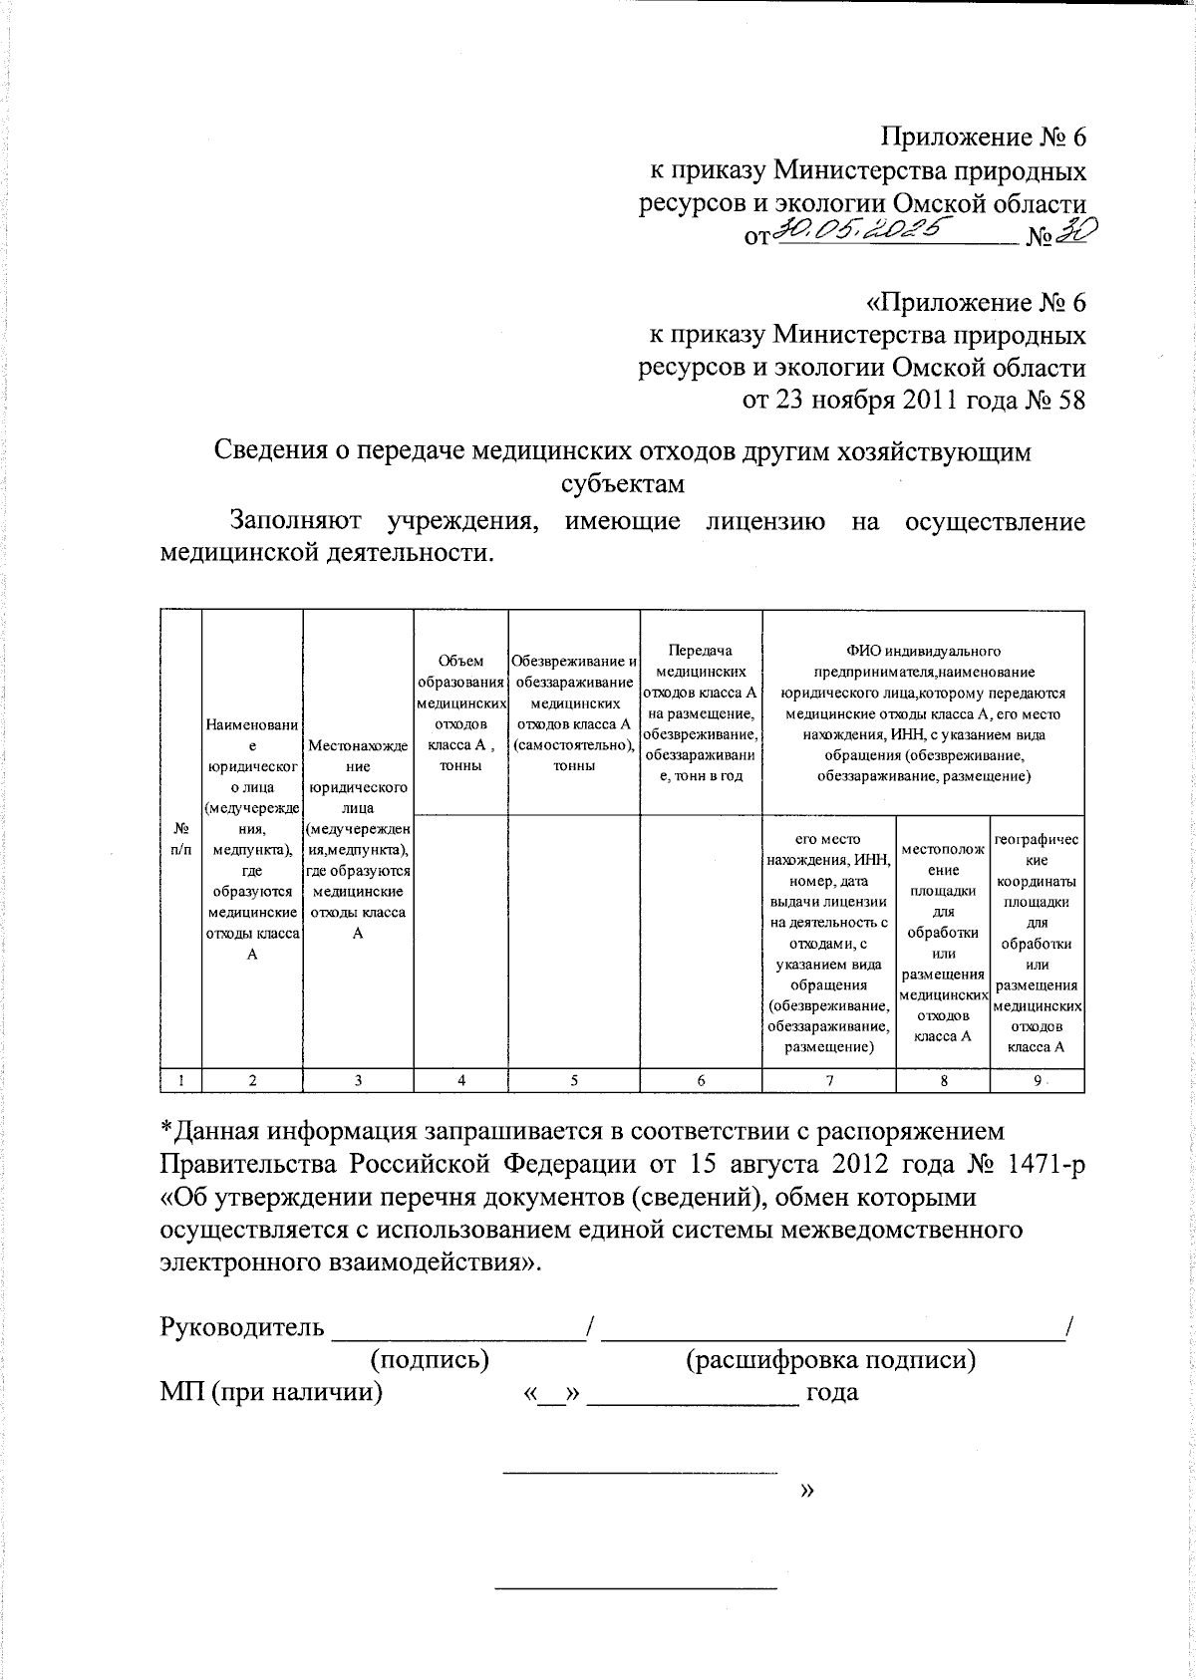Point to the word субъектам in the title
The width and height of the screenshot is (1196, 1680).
(x=623, y=484)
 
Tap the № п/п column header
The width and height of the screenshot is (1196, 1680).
(x=181, y=837)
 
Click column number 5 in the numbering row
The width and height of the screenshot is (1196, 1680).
(x=574, y=1080)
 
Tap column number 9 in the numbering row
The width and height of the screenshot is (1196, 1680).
(x=1037, y=1080)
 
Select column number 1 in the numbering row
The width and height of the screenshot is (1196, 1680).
(x=181, y=1080)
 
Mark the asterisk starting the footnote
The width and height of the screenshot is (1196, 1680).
(x=167, y=1130)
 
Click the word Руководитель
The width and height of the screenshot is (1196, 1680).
(x=242, y=1327)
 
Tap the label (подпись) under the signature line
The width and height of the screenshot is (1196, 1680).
(x=429, y=1359)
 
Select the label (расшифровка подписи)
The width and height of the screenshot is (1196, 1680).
(x=830, y=1359)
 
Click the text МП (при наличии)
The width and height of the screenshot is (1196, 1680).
(x=271, y=1392)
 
